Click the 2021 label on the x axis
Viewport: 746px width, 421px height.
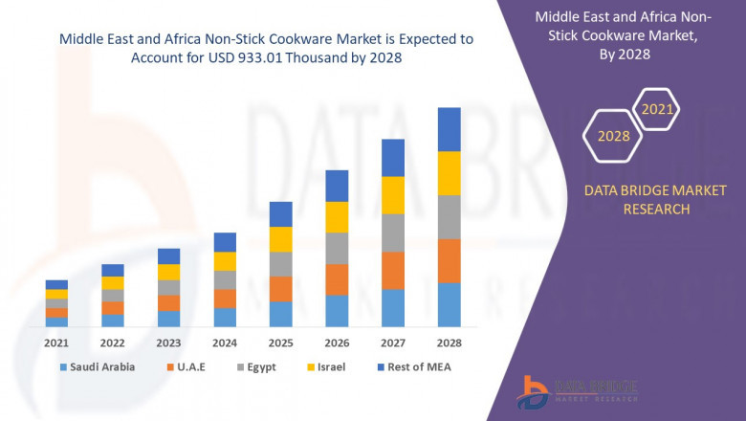tap(56, 343)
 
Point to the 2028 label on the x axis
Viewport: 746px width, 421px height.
tap(449, 343)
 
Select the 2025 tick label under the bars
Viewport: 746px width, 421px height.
tap(280, 343)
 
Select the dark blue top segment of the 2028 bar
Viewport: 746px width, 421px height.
tap(449, 129)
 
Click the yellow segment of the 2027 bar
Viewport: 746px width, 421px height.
tap(393, 195)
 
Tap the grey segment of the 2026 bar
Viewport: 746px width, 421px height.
tap(337, 248)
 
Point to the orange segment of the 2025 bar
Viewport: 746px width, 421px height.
tap(280, 289)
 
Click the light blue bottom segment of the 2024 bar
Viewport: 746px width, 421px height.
tap(225, 317)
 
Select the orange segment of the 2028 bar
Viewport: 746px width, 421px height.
tap(449, 260)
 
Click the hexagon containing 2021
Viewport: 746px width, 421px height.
tap(656, 110)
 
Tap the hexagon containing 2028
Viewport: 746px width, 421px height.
tap(613, 136)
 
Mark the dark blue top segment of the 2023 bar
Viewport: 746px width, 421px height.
tap(168, 255)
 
